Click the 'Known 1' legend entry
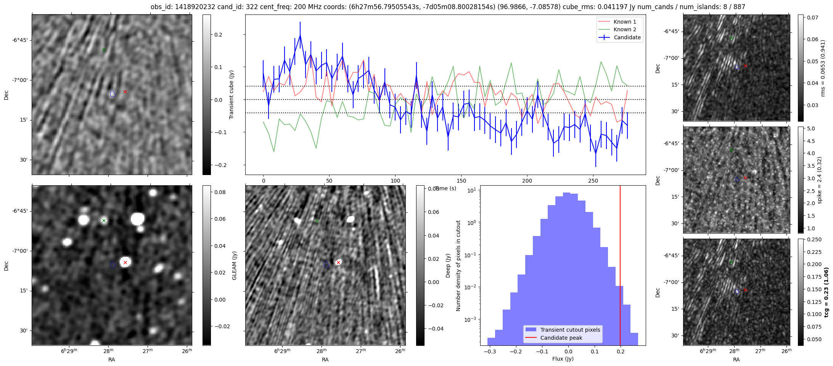(x=625, y=22)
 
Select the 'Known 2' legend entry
(x=625, y=29)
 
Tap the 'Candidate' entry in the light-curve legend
(x=627, y=37)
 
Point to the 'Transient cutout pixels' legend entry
(x=570, y=330)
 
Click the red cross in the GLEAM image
(x=125, y=262)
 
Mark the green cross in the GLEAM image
(x=104, y=220)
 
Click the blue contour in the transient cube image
(x=113, y=93)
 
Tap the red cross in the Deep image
(x=338, y=262)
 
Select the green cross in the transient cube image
(x=104, y=50)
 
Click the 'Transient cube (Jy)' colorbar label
(x=231, y=95)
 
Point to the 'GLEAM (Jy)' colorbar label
(x=234, y=265)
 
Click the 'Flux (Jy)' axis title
(x=563, y=359)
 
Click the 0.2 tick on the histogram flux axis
(x=621, y=351)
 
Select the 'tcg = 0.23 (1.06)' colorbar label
(x=826, y=292)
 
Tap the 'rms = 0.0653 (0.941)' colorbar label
(x=823, y=68)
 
